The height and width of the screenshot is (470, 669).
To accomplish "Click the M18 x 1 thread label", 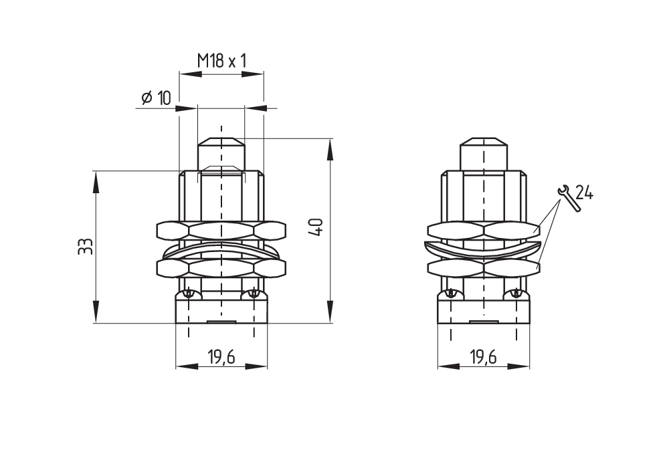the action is point(221,61).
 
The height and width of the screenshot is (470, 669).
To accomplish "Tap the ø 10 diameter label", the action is point(156,98).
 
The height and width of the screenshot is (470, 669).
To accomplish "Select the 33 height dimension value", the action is point(86,247).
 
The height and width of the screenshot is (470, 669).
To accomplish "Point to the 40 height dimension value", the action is point(316,227).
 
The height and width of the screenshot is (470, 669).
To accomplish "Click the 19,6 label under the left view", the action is point(221,356).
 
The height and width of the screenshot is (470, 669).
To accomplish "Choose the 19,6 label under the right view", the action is point(484,356).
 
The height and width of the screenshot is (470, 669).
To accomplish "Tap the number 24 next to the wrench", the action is point(584,193).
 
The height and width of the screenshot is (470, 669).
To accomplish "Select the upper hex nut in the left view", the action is point(221,230).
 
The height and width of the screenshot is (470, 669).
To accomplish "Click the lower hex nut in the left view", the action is point(221,268).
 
